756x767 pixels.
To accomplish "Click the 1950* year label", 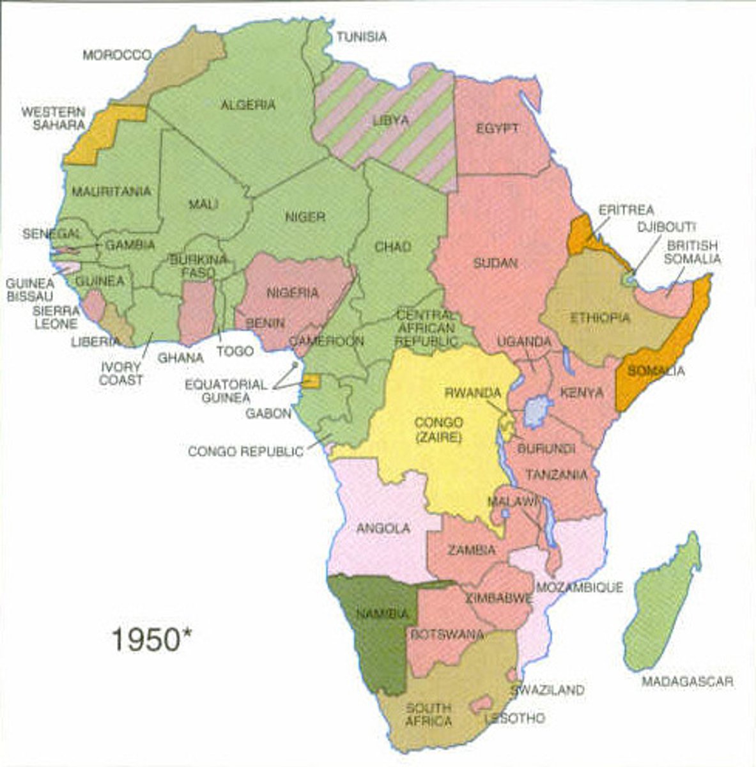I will tap(152, 639).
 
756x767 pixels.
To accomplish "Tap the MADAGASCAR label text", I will tap(687, 681).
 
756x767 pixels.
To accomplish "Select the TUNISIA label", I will tap(362, 37).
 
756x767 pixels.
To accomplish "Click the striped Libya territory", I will tap(383, 128).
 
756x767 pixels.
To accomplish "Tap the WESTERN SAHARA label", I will tap(53, 118).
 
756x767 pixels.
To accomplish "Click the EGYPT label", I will tap(497, 128).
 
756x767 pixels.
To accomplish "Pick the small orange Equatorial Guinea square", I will tap(311, 382).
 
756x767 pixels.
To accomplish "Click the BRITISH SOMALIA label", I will tap(693, 252).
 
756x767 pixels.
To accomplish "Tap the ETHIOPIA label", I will tap(599, 317).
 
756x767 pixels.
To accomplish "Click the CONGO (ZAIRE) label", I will tap(438, 430).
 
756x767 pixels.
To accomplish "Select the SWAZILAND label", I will tap(547, 690).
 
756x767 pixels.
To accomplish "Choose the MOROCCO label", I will tap(117, 55).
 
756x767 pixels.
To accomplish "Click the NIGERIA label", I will tap(293, 293).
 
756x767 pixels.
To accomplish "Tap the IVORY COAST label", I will tap(121, 373).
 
